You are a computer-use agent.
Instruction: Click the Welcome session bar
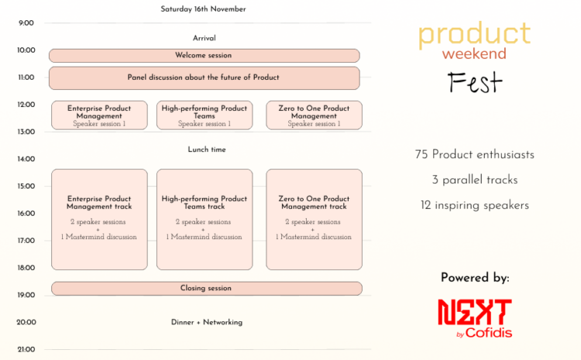click(x=205, y=56)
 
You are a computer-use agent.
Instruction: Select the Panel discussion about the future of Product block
click(x=205, y=77)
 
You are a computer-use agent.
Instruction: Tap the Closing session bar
click(x=207, y=289)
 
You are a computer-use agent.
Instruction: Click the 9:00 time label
click(x=26, y=23)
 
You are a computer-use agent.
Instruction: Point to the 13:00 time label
click(x=26, y=132)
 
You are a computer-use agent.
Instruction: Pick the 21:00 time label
click(x=26, y=350)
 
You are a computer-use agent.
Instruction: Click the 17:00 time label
click(x=26, y=241)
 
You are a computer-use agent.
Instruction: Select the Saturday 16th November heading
click(x=203, y=9)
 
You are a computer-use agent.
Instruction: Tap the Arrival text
click(x=205, y=38)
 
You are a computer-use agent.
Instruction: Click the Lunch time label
click(x=207, y=149)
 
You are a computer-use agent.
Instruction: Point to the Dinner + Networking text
click(x=207, y=322)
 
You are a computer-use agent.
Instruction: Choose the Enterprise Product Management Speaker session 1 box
click(x=99, y=115)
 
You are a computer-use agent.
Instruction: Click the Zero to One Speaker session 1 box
click(x=315, y=115)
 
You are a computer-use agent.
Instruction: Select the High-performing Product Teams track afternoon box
click(x=205, y=220)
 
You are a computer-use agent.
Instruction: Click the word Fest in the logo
click(x=475, y=82)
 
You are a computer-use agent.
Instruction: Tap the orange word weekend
click(x=474, y=53)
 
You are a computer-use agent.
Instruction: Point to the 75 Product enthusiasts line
click(x=475, y=154)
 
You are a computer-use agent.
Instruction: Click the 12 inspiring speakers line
click(x=475, y=205)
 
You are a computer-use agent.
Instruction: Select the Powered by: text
click(x=475, y=278)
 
